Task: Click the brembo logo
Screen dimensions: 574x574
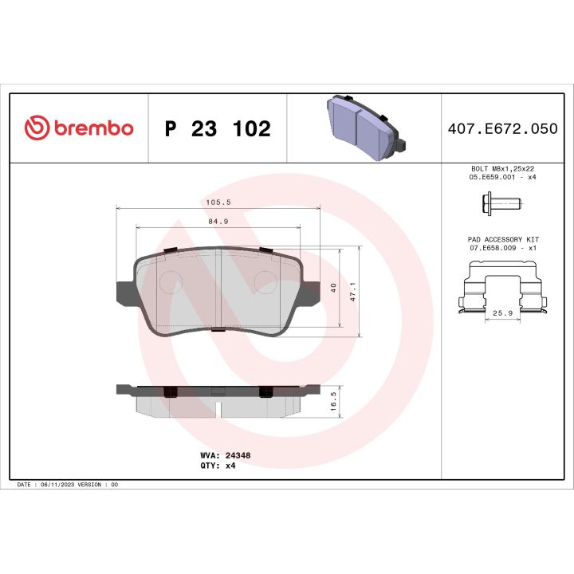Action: [x=78, y=128]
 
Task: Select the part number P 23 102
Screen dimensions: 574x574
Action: [x=217, y=129]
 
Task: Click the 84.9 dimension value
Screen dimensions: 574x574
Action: [x=217, y=222]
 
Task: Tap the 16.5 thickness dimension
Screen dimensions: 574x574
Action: [x=332, y=400]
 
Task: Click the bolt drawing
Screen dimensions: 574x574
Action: [x=501, y=206]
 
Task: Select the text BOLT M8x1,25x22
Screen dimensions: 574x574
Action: [x=501, y=170]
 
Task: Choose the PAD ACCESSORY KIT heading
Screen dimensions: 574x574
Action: [x=501, y=239]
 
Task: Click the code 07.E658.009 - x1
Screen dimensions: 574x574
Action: [x=501, y=249]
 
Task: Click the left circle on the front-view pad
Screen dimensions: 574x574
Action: [x=171, y=281]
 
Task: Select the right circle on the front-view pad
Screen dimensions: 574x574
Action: [x=265, y=281]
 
